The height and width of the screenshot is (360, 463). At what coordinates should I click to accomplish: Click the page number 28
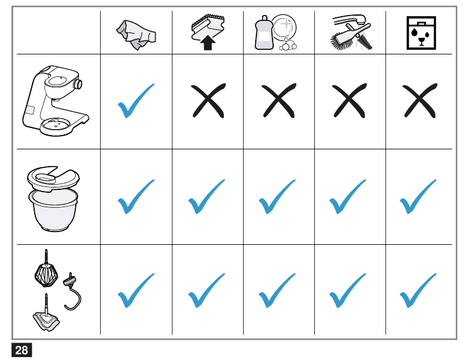coord(21,350)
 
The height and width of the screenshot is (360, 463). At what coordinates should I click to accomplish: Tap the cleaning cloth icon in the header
coord(136,34)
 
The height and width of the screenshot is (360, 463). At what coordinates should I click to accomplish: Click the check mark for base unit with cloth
coord(136,101)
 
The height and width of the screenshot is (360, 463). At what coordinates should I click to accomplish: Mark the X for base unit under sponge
coord(207,101)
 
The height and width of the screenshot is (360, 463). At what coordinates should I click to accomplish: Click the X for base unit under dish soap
coord(278,101)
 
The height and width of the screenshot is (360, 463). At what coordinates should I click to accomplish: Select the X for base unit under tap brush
coord(348,101)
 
